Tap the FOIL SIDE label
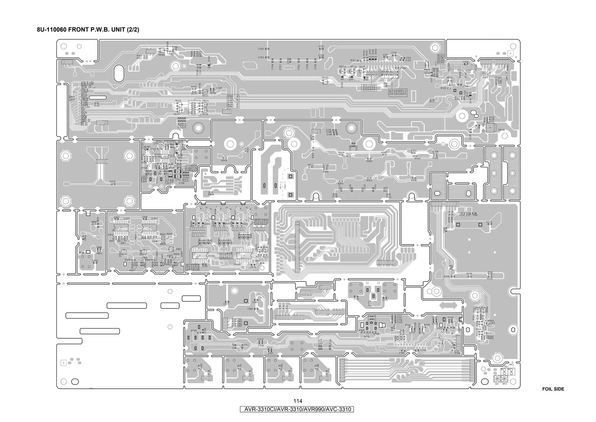tap(553, 389)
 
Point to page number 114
tap(298, 401)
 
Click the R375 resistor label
tap(113, 182)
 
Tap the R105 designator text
tap(97, 106)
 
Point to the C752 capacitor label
tap(261, 49)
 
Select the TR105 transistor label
tap(161, 55)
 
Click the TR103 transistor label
tap(325, 78)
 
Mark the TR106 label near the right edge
tap(501, 130)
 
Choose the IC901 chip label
tap(127, 219)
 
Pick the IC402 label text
tap(237, 264)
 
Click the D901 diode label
tap(179, 249)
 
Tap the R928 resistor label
tap(211, 194)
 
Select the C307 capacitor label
tap(226, 304)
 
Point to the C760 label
tap(402, 353)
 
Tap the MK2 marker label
tap(511, 365)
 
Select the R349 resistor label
tap(224, 161)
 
